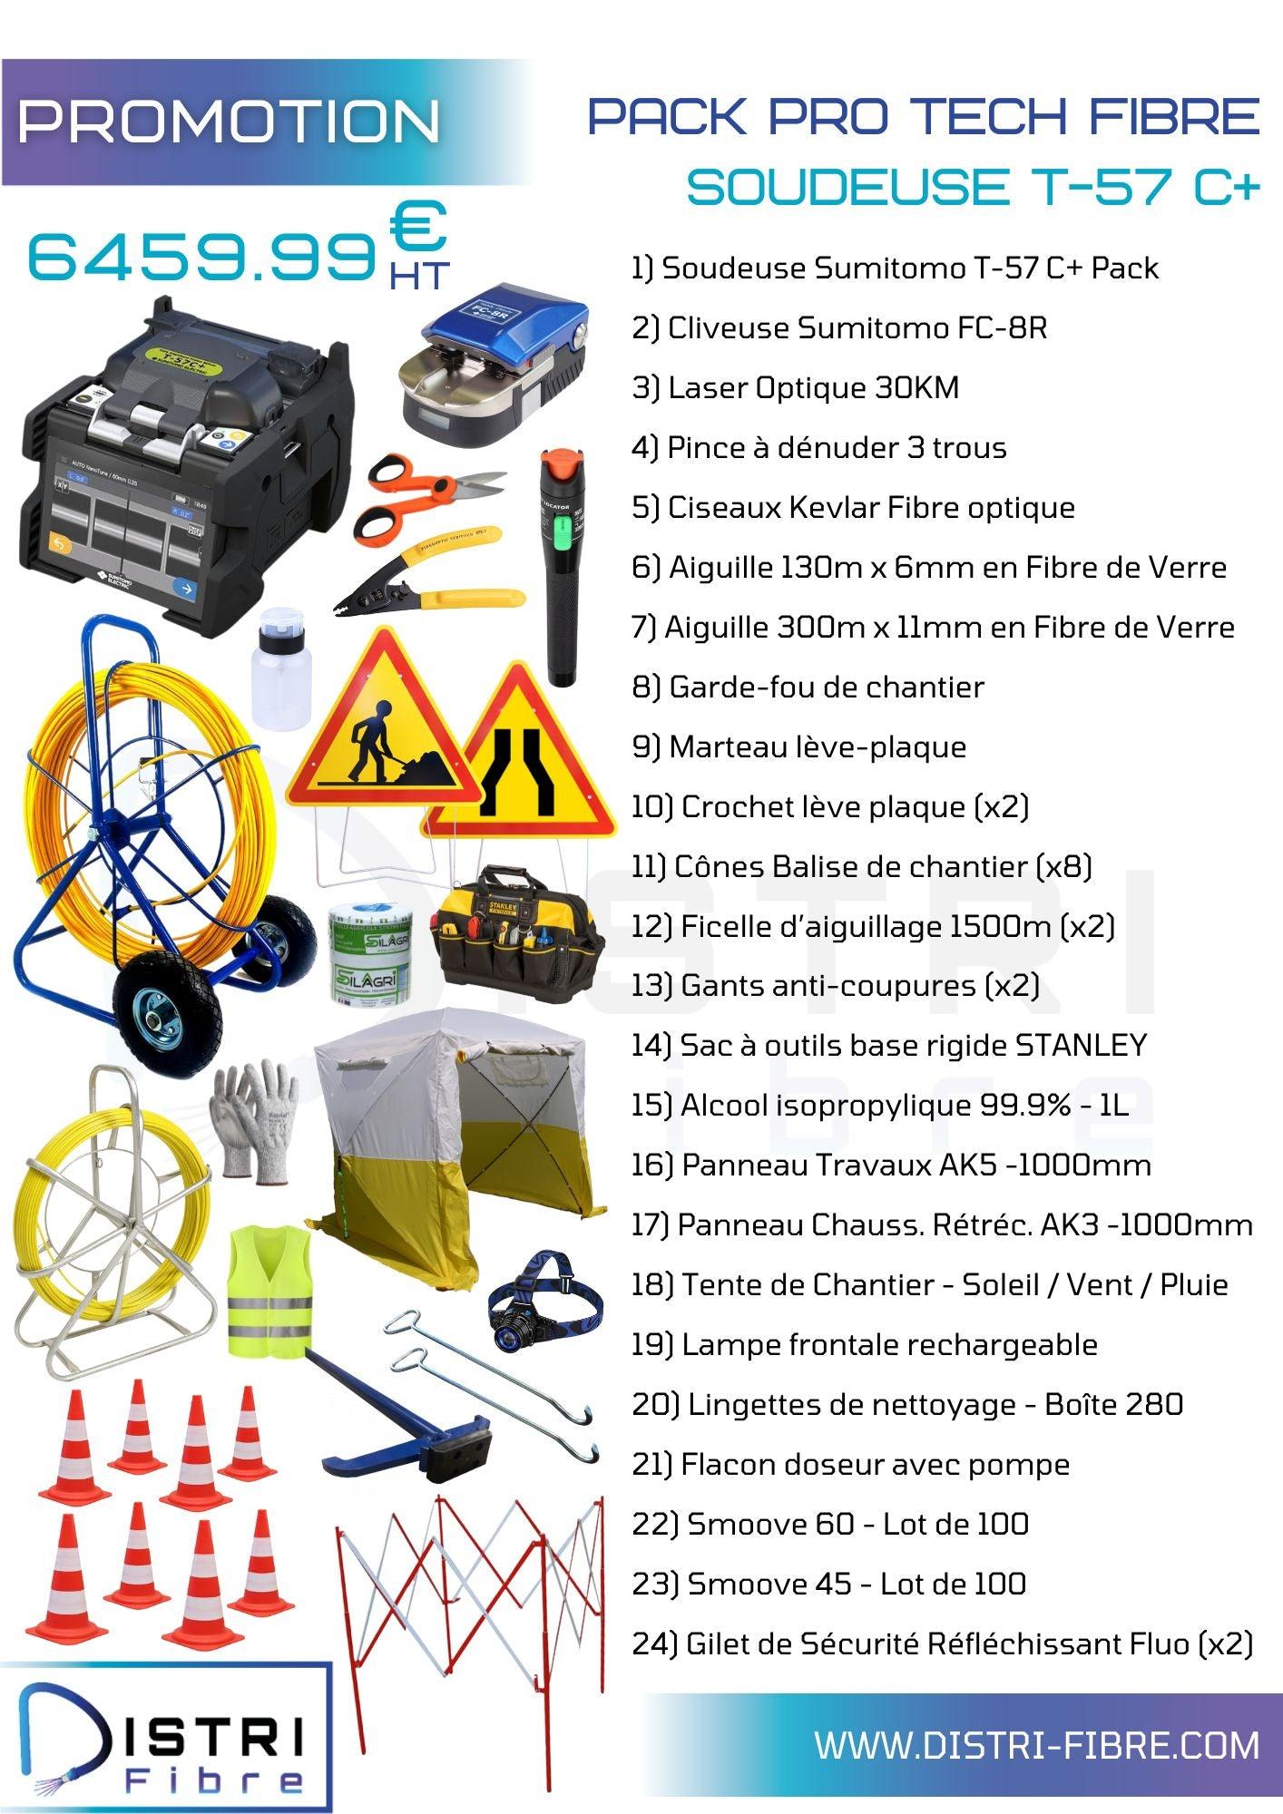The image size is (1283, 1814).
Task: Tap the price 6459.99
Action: pyautogui.click(x=202, y=258)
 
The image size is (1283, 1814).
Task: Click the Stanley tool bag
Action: pyautogui.click(x=518, y=931)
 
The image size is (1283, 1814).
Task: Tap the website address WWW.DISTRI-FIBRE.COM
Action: pyautogui.click(x=1036, y=1745)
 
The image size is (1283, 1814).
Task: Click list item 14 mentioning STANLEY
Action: pyautogui.click(x=889, y=1045)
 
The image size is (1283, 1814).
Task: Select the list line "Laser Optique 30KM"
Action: pyautogui.click(x=795, y=387)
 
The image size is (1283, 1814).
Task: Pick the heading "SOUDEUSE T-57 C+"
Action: pyautogui.click(x=973, y=186)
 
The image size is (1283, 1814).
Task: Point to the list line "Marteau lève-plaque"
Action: pyautogui.click(x=798, y=746)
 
